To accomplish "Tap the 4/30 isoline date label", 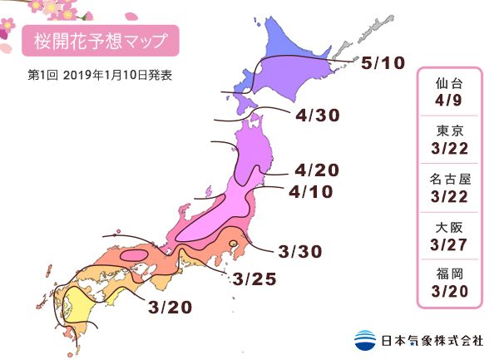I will click(316, 116).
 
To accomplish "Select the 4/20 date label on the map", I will click(317, 170).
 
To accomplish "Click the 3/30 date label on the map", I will click(300, 250).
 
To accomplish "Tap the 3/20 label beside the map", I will click(170, 307).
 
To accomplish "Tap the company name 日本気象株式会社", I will click(431, 340).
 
